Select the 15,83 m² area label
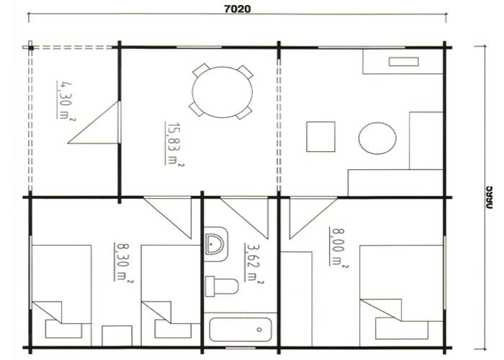point(174,144)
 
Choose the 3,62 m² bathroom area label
point(251,264)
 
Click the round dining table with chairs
point(222,91)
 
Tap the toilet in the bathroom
point(220,286)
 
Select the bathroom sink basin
point(215,243)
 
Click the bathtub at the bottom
point(240,332)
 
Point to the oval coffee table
point(377,138)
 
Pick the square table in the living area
point(320,137)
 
